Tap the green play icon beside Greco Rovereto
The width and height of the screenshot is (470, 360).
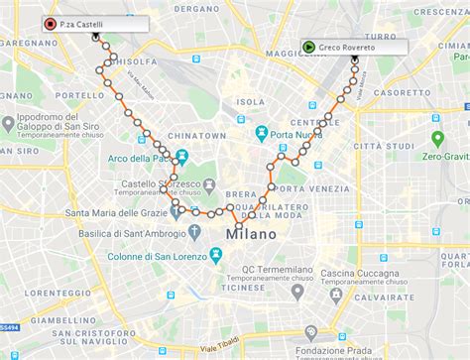(x=310, y=46)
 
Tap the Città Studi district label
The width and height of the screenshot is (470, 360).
(x=387, y=146)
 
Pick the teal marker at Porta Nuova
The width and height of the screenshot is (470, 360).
(x=261, y=134)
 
